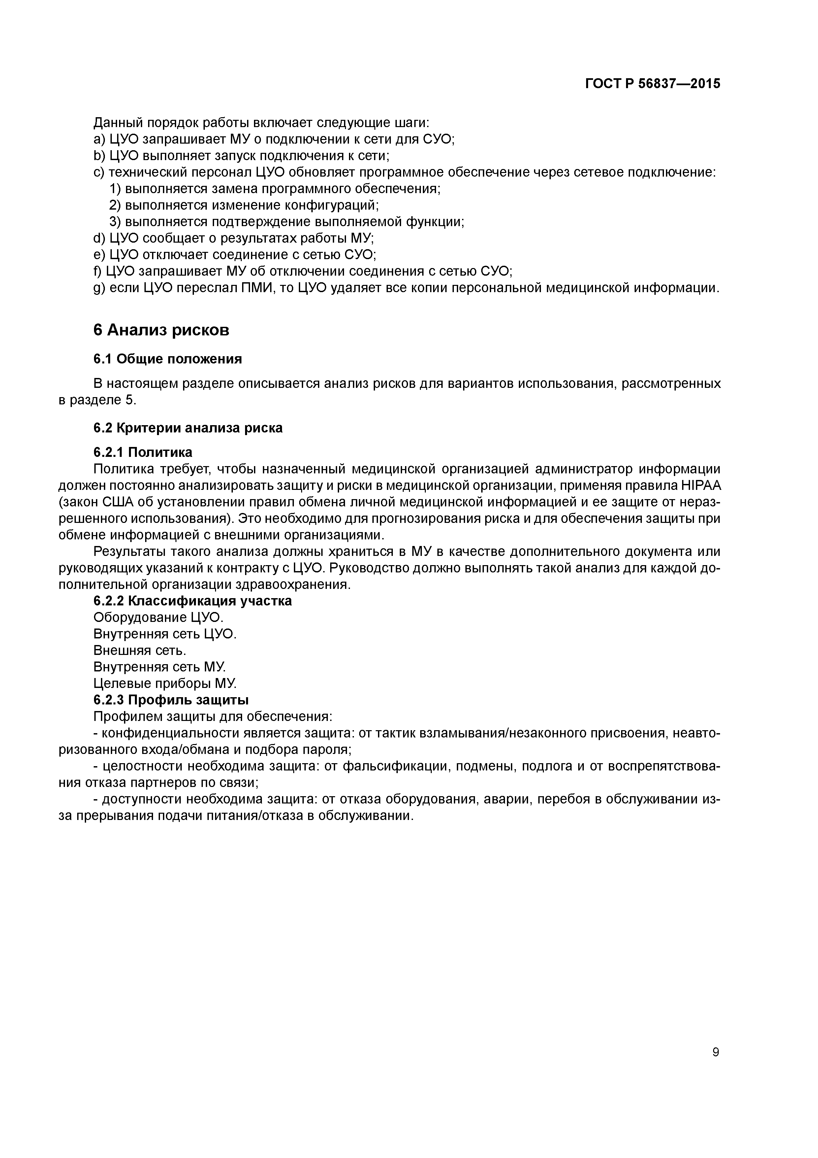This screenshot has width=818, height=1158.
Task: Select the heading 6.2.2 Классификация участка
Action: coord(193,601)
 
